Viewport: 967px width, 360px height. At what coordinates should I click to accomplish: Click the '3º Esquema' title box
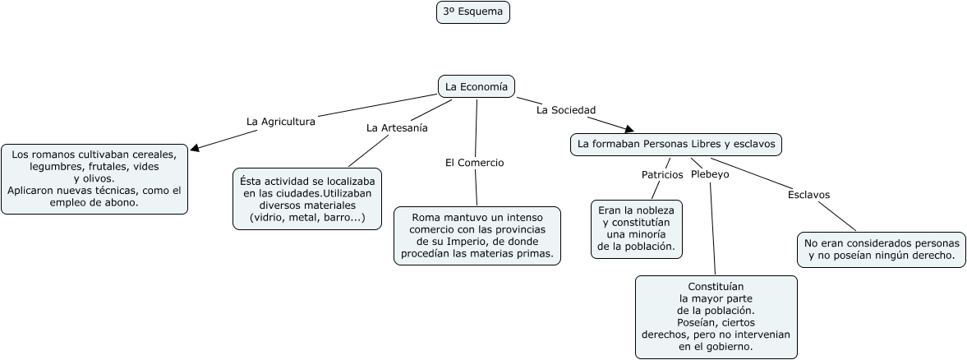pos(472,12)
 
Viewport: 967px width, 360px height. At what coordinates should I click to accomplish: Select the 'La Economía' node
pos(477,86)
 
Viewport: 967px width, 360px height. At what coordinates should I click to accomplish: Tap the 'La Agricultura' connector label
pos(280,121)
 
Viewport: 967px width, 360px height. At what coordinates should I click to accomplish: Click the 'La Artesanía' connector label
pos(397,127)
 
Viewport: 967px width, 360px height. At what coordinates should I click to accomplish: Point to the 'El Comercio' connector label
pos(474,163)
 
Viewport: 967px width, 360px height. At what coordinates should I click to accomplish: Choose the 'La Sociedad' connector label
pos(566,109)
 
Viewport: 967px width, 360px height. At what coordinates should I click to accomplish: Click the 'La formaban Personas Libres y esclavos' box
pos(676,144)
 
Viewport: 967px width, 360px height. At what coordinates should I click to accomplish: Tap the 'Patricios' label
pos(661,174)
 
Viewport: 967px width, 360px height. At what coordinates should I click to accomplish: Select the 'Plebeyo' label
pos(710,174)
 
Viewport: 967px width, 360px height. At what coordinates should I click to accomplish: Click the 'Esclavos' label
pos(808,195)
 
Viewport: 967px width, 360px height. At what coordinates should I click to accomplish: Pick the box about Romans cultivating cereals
pos(94,178)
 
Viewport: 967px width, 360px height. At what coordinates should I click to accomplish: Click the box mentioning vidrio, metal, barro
pos(307,198)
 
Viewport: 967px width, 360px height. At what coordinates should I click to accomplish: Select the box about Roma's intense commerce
pos(477,235)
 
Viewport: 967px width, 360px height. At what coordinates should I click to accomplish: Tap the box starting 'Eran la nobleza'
pos(636,228)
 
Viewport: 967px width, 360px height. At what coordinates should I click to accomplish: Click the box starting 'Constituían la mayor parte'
pos(716,317)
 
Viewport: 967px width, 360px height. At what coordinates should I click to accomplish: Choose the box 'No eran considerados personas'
pos(882,249)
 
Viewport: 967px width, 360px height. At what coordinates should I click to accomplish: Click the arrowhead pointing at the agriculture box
pos(195,149)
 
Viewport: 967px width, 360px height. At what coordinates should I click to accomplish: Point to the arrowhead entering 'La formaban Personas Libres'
pos(629,129)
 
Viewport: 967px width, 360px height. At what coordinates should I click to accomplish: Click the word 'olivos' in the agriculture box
pos(99,178)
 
